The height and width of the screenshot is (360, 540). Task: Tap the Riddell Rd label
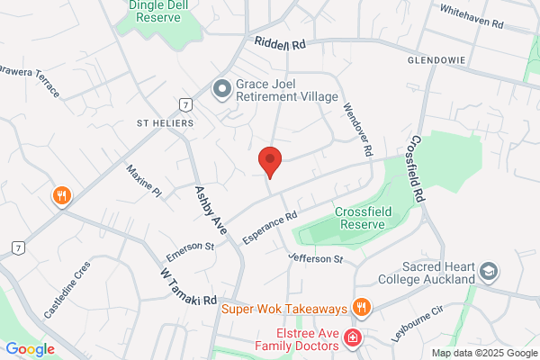(x=281, y=44)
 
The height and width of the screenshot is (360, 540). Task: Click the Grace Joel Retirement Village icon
(x=221, y=89)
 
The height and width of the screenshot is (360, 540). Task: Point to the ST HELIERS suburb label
(x=165, y=121)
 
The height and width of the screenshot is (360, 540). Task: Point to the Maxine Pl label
(x=143, y=180)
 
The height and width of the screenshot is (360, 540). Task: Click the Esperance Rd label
(x=270, y=227)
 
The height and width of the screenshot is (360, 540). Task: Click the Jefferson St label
(x=316, y=259)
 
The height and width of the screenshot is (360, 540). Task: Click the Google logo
(x=30, y=349)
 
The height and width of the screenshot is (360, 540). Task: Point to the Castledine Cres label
(x=67, y=290)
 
